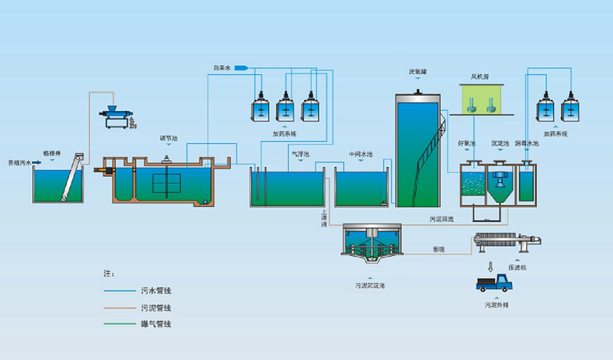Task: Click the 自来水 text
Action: [x=223, y=70]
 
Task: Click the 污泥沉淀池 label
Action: [x=369, y=285]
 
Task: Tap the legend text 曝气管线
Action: [x=156, y=325]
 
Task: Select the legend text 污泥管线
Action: [x=156, y=308]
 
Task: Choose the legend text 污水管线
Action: [x=156, y=291]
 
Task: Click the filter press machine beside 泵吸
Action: [x=510, y=244]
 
